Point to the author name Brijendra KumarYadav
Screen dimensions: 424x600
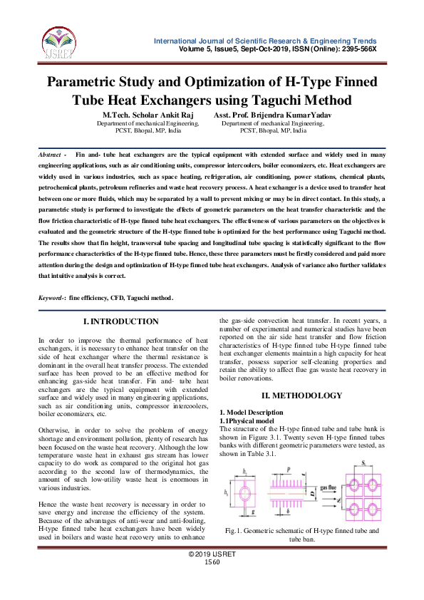(279, 115)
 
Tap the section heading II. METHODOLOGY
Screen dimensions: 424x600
(302, 395)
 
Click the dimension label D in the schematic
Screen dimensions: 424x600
(312, 492)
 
